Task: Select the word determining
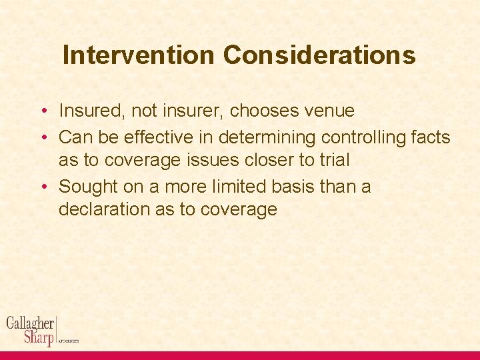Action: [x=266, y=137]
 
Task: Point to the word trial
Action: [x=335, y=160]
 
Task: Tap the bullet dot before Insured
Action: [x=42, y=111]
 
